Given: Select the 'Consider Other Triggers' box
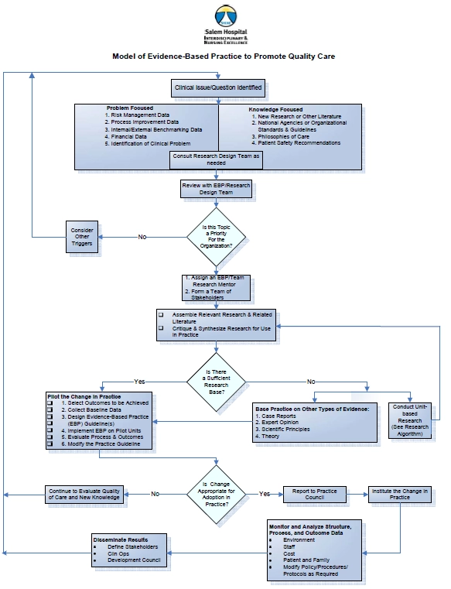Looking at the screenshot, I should click(82, 237).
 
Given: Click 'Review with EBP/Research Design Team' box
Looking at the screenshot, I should click(216, 190).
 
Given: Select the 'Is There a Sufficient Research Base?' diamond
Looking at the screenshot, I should click(216, 380).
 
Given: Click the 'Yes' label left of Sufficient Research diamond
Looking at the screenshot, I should click(139, 382).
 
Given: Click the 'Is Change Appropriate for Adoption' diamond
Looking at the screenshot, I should click(216, 493).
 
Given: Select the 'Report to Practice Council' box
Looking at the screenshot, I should click(314, 494).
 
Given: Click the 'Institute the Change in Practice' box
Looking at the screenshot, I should click(399, 494).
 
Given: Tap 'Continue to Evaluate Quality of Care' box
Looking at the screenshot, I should click(84, 494).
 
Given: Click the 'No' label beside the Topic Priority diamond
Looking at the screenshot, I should click(142, 237).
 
